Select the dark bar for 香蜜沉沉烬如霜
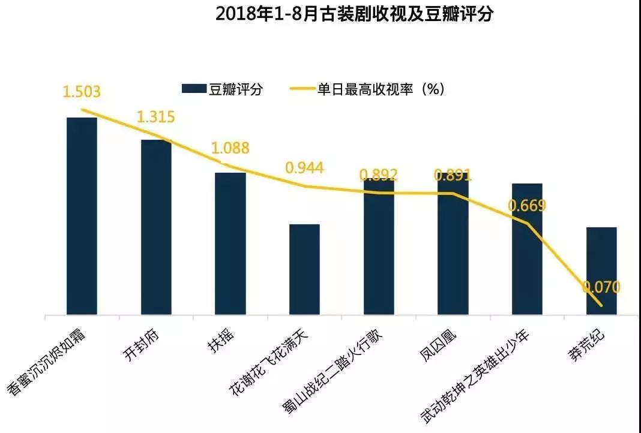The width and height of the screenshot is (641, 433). tap(82, 216)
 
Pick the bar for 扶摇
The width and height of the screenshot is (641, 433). tap(230, 243)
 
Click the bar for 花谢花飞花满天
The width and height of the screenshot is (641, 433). tap(304, 269)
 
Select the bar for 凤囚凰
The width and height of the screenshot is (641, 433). tap(453, 246)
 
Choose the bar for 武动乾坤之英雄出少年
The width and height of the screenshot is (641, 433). tap(527, 249)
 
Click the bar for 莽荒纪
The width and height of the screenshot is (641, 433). tap(601, 270)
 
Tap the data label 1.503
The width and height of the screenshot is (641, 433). tap(82, 92)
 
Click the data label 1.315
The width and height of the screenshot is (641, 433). tap(155, 117)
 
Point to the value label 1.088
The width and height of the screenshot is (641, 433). tap(230, 148)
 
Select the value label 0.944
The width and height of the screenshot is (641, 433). tap(304, 167)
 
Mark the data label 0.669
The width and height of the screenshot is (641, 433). tap(527, 206)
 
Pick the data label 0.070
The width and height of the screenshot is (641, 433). tap(601, 287)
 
